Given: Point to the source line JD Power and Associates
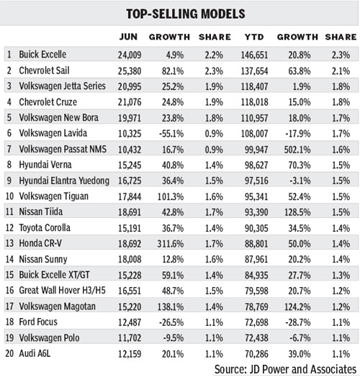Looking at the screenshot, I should pos(284,368).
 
